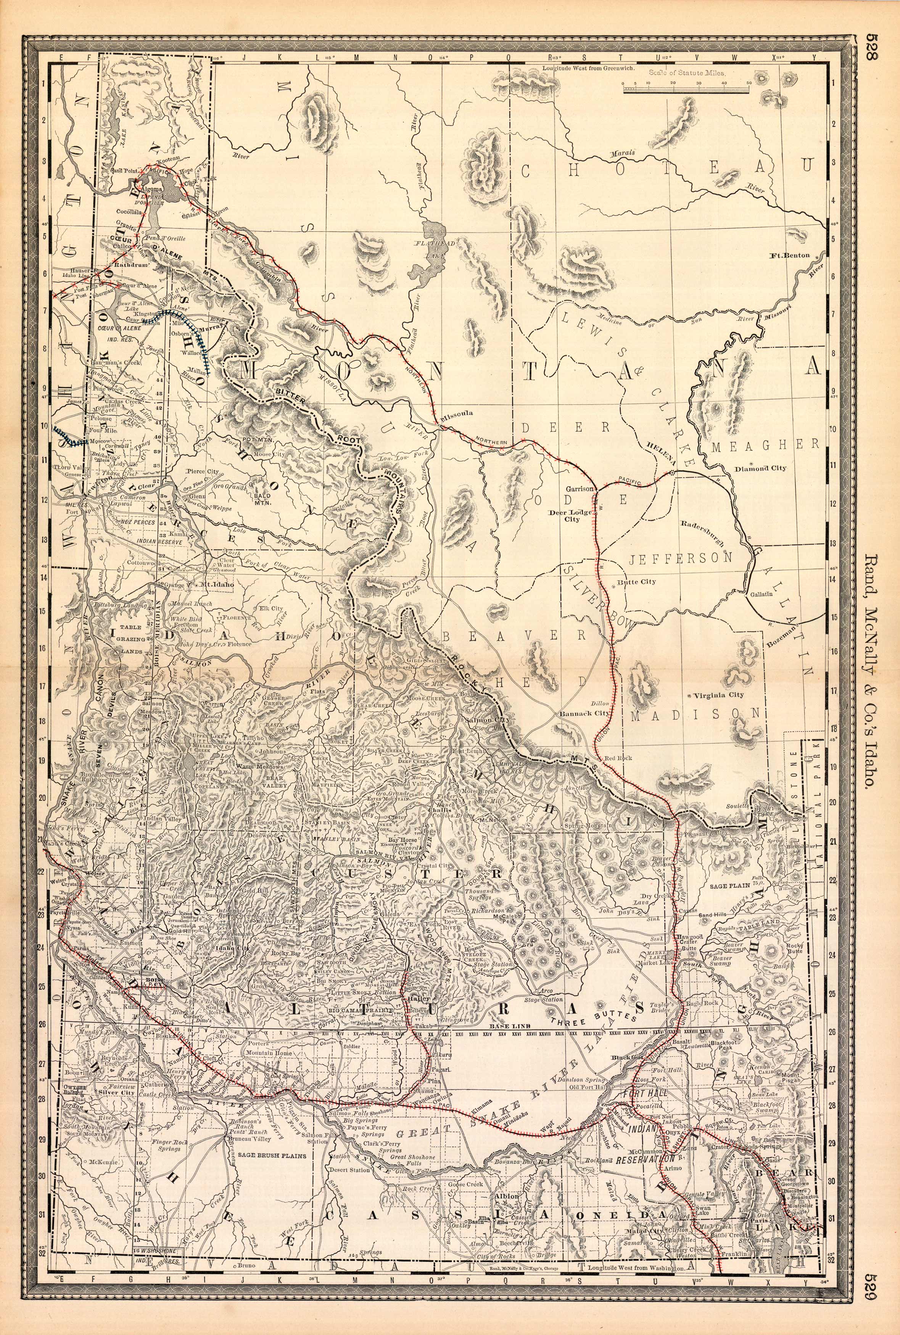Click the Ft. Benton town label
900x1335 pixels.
[791, 255]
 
